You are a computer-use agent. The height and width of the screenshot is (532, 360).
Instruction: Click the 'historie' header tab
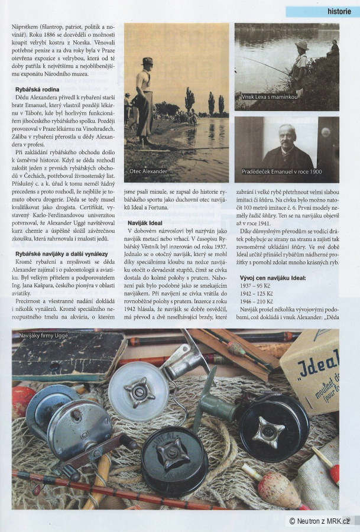tap(339, 11)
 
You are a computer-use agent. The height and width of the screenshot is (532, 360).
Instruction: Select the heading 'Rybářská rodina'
tap(41, 89)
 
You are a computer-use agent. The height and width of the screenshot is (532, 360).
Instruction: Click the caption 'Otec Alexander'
tap(148, 171)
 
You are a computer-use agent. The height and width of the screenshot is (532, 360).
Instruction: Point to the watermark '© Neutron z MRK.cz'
tap(319, 521)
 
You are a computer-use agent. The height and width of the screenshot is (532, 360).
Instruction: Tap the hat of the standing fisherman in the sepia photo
tap(147, 61)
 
